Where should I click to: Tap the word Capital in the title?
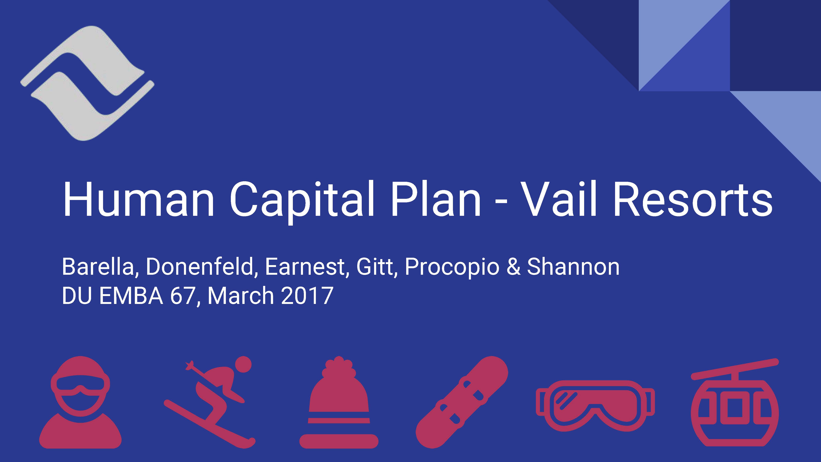pos(301,200)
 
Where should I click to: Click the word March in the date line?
pos(240,296)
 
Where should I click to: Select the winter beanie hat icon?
pos(339,405)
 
